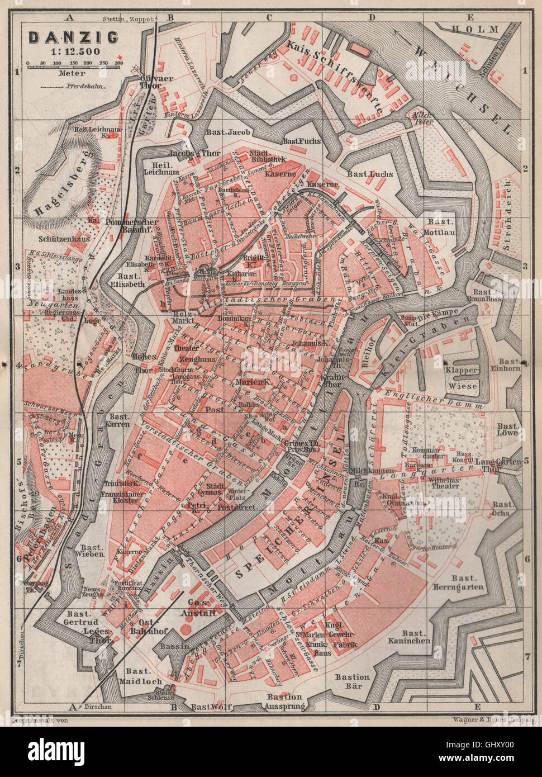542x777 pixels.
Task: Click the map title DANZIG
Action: point(73,37)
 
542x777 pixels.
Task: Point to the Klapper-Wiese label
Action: point(462,378)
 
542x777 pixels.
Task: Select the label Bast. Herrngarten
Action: point(461,582)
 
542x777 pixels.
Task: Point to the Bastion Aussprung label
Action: point(285,701)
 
